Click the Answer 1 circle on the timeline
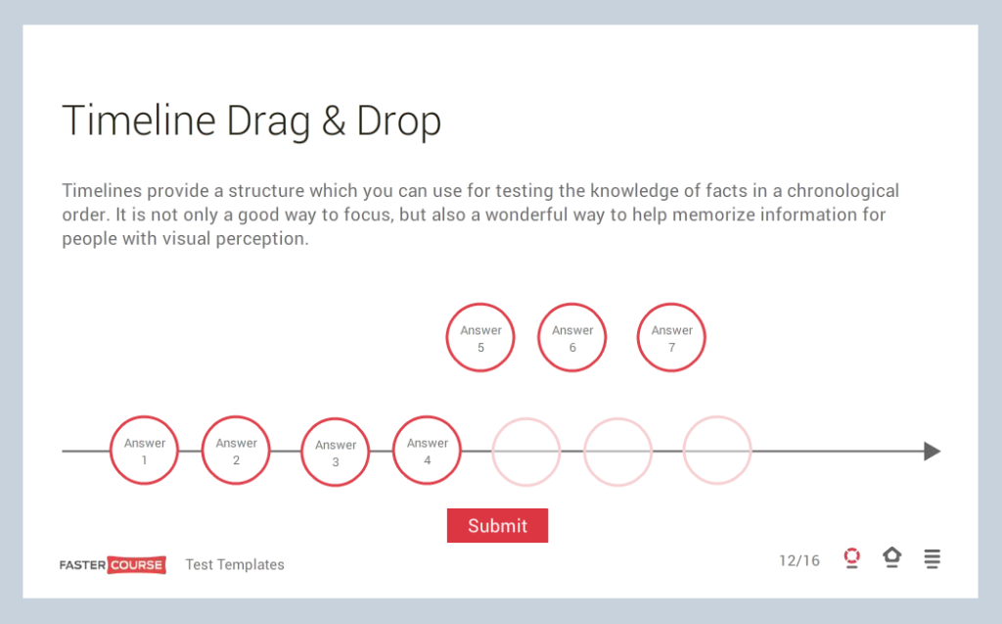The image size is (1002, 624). coord(144,451)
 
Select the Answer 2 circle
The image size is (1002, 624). coord(236,451)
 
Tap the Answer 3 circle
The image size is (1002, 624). coord(335,453)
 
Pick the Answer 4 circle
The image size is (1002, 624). coord(427,451)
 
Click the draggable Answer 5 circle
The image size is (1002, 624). coord(480,338)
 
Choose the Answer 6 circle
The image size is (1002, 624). coord(572,338)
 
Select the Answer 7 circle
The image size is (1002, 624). coord(671,338)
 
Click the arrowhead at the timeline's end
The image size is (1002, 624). coord(932,452)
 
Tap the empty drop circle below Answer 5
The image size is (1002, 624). coord(526,452)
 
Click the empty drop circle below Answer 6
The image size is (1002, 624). coord(618,452)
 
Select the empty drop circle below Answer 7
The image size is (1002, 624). coord(717,451)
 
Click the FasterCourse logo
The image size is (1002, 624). coord(113,564)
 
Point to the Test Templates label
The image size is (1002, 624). coord(235,564)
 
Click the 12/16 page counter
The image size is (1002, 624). coord(799,560)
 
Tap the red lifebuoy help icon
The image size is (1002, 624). coord(851,558)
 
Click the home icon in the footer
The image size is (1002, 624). coord(891,558)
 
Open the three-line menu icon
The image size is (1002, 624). coord(933,559)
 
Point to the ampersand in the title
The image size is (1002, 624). coord(334,121)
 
